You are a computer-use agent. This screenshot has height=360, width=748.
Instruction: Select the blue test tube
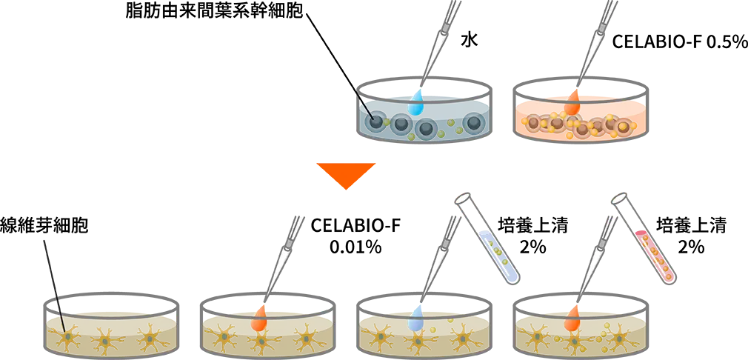coord(498,255)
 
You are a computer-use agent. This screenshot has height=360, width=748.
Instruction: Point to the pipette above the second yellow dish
coord(286,252)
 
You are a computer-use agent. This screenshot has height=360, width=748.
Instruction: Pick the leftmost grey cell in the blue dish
coord(378,121)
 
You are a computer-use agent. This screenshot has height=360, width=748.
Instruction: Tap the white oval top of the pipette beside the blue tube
coord(464,199)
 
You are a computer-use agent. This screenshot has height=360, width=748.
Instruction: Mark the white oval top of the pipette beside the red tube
coord(619,198)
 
